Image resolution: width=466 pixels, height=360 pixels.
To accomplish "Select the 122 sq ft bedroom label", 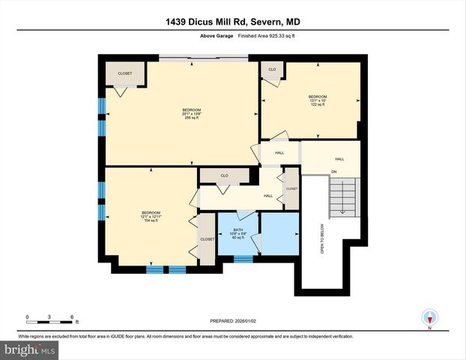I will tap(318, 100).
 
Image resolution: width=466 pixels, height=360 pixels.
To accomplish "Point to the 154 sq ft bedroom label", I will tap(151, 216).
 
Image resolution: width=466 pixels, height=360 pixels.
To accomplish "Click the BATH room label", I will tap(238, 233).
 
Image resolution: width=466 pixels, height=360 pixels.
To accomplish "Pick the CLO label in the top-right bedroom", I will tap(272, 69).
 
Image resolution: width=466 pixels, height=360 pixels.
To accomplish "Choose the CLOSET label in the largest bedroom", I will tap(125, 73).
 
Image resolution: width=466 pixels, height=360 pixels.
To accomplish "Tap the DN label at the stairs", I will tap(334, 172).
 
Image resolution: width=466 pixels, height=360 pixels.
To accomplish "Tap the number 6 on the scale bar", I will tap(71, 316).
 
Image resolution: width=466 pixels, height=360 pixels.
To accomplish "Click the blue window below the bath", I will tap(243, 259).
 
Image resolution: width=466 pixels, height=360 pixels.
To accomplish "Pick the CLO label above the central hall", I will tap(223, 175).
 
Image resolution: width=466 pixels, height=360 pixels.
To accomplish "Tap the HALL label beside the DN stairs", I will tap(339, 159).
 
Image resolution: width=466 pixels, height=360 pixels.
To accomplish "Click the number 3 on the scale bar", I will tap(49, 316).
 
